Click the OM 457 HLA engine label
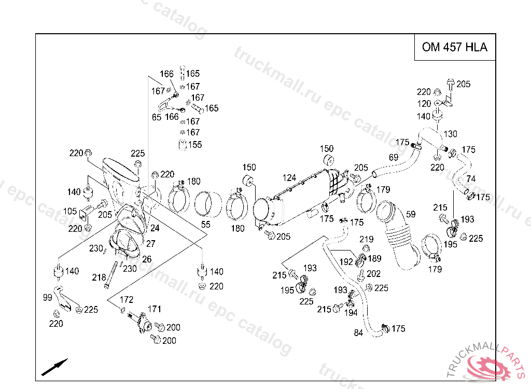pos(454,47)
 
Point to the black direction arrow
pos(54,367)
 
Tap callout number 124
pos(289,178)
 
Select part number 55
pos(205,224)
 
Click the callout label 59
pos(411,215)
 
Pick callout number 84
pos(358,333)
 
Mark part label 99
pos(47,298)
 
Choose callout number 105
pos(70,211)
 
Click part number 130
pos(451,134)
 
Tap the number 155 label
pos(195,145)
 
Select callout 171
pos(155,309)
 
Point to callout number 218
pos(99,278)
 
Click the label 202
pos(373,274)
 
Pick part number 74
pos(471,179)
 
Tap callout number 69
pos(394,158)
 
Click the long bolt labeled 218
pos(111,275)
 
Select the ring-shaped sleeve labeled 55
pos(208,204)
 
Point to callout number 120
pos(424,104)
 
